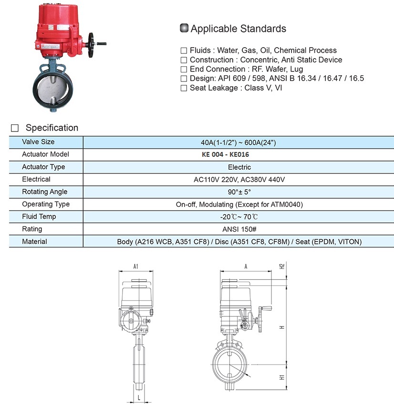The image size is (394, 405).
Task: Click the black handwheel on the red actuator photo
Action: pos(91,45)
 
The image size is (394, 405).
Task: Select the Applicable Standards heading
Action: pos(238,29)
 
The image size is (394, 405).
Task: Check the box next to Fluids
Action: pos(184,51)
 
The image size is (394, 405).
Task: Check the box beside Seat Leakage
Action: pos(184,88)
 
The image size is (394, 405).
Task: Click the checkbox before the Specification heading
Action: pos(15,128)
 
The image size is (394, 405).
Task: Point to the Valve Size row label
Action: pos(38,142)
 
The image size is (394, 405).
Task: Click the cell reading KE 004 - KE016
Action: pos(225,154)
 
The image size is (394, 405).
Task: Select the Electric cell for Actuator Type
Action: pos(239,167)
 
